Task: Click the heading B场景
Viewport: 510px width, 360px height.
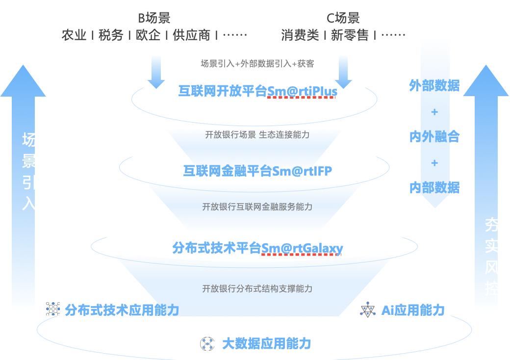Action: (154, 19)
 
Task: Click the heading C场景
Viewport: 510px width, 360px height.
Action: (343, 19)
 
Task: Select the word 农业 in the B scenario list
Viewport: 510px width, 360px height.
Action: (74, 35)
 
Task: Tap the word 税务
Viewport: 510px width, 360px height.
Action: (111, 35)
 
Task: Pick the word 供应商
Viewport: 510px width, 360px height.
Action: (191, 35)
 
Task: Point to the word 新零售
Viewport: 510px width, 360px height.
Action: (350, 35)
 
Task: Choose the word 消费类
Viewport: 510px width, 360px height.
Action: (300, 35)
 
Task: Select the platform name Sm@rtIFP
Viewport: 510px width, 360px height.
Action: (302, 171)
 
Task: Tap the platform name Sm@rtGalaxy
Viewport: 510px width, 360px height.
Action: (302, 248)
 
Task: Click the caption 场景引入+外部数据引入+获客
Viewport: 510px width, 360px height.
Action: (257, 64)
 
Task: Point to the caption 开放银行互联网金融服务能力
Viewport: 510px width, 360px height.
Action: (257, 207)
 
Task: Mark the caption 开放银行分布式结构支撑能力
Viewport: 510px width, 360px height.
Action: (257, 288)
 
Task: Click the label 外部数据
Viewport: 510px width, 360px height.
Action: (434, 86)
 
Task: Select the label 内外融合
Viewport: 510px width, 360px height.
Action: (434, 136)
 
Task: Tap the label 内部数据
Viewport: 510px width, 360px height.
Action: (434, 187)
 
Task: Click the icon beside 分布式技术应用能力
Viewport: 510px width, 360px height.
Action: (52, 309)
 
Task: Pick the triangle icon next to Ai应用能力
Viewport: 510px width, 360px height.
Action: (368, 309)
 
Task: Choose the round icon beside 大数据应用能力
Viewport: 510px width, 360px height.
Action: (207, 343)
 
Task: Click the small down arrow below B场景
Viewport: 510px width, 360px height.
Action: (156, 73)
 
